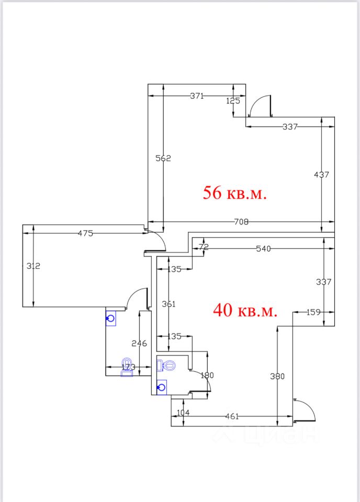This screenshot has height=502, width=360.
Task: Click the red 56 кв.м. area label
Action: point(235,193)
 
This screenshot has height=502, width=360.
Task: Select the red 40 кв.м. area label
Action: point(245,310)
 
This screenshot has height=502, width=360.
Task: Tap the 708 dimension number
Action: point(241,222)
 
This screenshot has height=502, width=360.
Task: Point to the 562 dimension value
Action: point(163,158)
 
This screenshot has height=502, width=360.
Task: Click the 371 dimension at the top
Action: point(197,96)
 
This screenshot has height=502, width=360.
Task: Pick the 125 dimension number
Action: point(233,101)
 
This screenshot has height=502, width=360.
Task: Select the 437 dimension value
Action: point(321,175)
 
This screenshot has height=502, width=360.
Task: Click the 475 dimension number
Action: point(85,233)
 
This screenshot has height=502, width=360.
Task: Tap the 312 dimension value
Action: point(33,266)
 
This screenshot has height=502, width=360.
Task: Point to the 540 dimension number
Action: point(263,249)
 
